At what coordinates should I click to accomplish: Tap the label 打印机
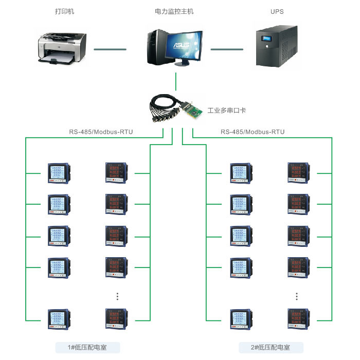click(x=64, y=11)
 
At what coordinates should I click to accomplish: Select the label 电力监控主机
click(x=174, y=11)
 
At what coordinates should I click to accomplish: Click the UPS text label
click(x=277, y=11)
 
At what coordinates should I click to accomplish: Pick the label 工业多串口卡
click(x=227, y=110)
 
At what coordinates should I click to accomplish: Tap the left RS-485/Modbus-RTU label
click(x=101, y=132)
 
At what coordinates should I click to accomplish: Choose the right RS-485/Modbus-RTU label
click(x=253, y=132)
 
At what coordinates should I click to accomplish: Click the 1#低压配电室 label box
click(x=87, y=348)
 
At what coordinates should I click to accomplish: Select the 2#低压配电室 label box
click(x=271, y=348)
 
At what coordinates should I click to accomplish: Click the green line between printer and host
click(x=110, y=49)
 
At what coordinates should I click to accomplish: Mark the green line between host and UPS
click(x=227, y=49)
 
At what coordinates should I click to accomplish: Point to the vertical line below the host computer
click(x=176, y=81)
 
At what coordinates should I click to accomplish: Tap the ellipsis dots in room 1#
click(x=117, y=296)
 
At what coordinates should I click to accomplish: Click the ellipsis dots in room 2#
click(x=298, y=296)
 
